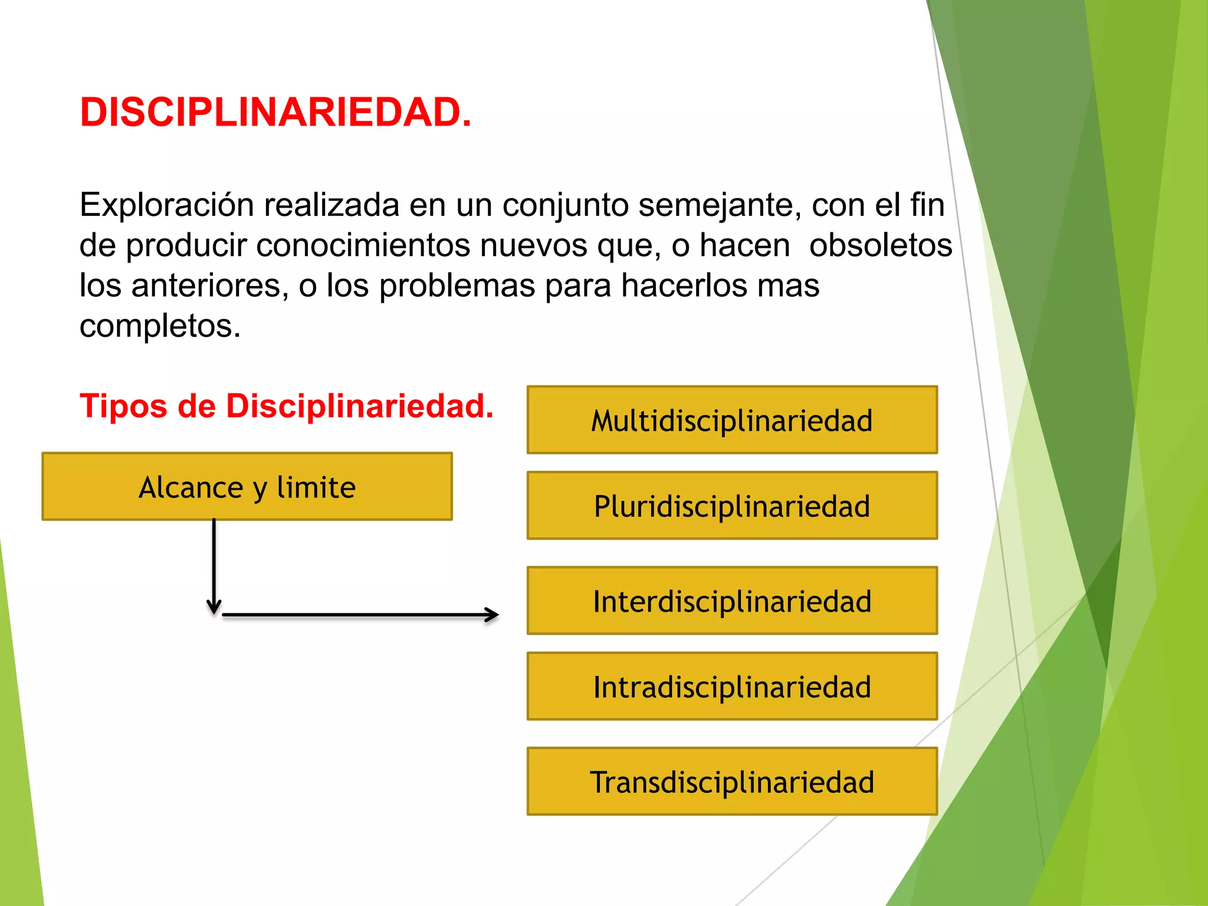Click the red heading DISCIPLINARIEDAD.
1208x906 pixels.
pyautogui.click(x=275, y=112)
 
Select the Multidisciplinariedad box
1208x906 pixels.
pyautogui.click(x=732, y=420)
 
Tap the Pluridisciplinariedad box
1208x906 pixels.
pyautogui.click(x=732, y=505)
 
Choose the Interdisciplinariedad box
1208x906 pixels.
pyautogui.click(x=732, y=600)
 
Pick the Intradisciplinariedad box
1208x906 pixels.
pyautogui.click(x=732, y=686)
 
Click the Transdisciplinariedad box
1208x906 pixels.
pyautogui.click(x=732, y=782)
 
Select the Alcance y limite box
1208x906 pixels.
pyautogui.click(x=247, y=487)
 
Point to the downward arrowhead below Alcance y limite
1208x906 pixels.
pyautogui.click(x=214, y=607)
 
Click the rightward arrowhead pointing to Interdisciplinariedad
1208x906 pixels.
pyautogui.click(x=492, y=615)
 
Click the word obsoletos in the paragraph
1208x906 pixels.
pyautogui.click(x=880, y=245)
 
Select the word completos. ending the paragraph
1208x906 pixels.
pyautogui.click(x=160, y=326)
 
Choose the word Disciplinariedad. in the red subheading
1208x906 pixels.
pyautogui.click(x=359, y=406)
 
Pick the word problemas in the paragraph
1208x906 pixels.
pyautogui.click(x=457, y=285)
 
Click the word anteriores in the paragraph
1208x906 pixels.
pyautogui.click(x=209, y=285)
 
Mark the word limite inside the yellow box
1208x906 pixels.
pyautogui.click(x=316, y=487)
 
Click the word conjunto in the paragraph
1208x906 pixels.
pyautogui.click(x=565, y=205)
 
